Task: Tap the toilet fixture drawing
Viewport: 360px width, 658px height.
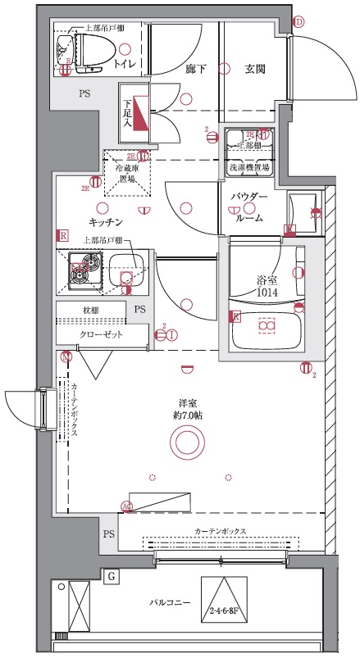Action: click(72, 50)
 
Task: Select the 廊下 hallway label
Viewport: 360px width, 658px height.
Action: click(196, 70)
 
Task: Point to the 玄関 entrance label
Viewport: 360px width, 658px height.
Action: click(254, 70)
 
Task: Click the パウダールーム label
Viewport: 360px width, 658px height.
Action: click(248, 208)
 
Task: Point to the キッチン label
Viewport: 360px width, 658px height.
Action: click(106, 222)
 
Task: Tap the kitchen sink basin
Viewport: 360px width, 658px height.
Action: click(125, 270)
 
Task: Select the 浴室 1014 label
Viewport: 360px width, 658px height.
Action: click(267, 285)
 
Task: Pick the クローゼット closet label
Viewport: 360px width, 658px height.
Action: click(101, 335)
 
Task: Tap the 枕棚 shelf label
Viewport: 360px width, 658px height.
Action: click(90, 310)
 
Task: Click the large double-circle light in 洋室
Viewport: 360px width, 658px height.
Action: click(185, 444)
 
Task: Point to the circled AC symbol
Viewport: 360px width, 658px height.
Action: click(127, 506)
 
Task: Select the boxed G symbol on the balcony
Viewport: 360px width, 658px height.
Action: click(112, 577)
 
